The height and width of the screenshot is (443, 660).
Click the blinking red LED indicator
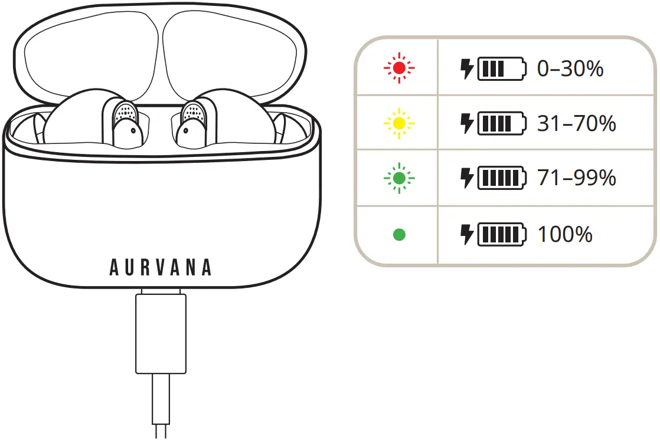tap(399, 68)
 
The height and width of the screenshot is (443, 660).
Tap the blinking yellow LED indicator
tap(399, 123)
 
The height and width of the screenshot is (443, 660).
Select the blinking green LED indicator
tap(399, 178)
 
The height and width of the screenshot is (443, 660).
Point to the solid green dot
tap(399, 234)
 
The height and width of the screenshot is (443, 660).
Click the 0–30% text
tap(570, 68)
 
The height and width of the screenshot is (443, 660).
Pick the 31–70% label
tap(576, 123)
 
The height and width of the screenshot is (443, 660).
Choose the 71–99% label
tap(576, 178)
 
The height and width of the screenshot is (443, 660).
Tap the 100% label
tap(565, 234)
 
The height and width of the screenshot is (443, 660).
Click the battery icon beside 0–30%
tap(502, 68)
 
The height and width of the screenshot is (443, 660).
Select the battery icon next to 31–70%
tap(502, 123)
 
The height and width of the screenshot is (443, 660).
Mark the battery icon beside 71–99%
tap(502, 178)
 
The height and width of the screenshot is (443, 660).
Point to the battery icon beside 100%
tap(502, 234)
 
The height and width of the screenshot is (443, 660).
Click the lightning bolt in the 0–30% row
tap(467, 68)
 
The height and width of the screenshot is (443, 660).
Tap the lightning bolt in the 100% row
tap(467, 234)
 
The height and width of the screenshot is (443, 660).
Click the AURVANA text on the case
tap(161, 268)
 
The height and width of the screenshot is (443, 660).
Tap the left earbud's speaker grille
tap(125, 111)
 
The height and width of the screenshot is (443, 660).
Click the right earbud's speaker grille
tap(193, 111)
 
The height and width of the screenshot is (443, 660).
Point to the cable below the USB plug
tap(161, 406)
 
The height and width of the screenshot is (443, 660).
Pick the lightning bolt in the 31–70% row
tap(467, 123)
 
